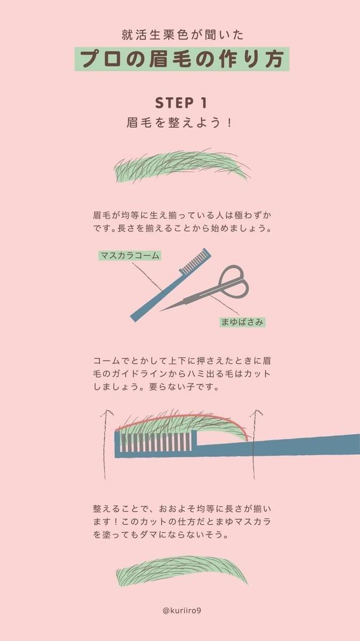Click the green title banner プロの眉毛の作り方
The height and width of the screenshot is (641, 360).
[182, 59]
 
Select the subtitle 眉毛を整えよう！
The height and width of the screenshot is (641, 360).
[180, 122]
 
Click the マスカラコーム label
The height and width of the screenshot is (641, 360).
[130, 255]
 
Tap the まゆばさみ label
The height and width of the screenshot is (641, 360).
[242, 322]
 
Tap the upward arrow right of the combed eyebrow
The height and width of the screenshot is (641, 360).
[256, 443]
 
